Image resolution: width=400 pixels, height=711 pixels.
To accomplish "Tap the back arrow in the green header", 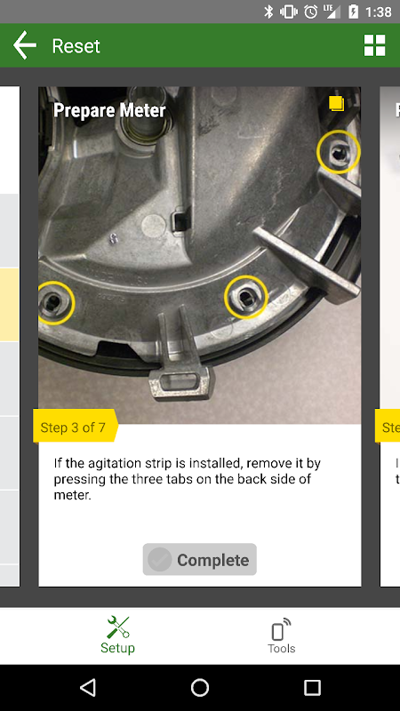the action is coord(25,46).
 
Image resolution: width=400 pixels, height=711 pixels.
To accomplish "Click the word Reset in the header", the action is coord(76,46).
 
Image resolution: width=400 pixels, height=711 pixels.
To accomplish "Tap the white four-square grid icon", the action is coord(374,45).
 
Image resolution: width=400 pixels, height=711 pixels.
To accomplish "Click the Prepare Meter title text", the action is coord(109,110).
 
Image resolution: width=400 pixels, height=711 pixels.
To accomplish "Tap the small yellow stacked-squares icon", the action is coord(337,103).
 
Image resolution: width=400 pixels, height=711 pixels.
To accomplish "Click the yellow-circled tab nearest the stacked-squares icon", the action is coord(339,152).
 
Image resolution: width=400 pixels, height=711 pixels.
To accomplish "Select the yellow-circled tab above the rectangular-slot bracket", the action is coord(246,297).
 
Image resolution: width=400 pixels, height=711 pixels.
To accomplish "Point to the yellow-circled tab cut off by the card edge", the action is coord(56,303).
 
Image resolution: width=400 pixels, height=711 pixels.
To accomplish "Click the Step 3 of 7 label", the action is coord(73,427).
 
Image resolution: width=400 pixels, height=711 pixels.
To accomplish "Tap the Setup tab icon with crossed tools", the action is coord(118,627).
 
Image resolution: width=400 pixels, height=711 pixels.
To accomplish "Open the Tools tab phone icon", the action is coord(281,628).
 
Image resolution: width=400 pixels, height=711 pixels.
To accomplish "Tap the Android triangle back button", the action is coord(88,687).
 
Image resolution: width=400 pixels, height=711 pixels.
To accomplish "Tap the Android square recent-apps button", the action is coord(312,687).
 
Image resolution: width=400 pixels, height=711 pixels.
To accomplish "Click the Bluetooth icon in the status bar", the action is coord(268,12).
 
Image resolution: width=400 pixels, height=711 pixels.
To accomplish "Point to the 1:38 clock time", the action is coord(379,12).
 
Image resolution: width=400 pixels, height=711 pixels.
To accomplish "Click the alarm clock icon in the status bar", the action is coord(310,12).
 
